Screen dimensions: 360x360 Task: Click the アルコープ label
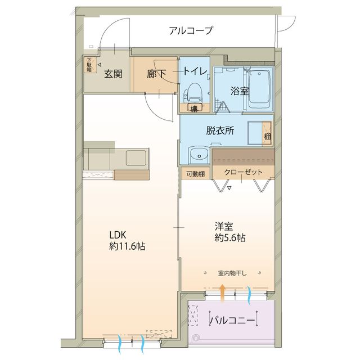[x=191, y=31]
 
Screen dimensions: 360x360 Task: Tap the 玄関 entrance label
[x=114, y=73]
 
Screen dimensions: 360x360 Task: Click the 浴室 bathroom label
[x=239, y=91]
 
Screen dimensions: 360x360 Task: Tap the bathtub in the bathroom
[x=260, y=87]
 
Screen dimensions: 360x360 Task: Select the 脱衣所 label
[x=220, y=130]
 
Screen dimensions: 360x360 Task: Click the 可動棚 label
[x=195, y=174]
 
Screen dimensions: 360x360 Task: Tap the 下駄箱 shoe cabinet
[x=89, y=65]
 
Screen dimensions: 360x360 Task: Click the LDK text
[x=118, y=235]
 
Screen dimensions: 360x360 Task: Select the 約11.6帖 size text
[x=127, y=246]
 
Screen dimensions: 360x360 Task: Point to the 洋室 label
[x=223, y=227]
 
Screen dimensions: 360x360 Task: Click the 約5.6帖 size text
[x=229, y=238]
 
